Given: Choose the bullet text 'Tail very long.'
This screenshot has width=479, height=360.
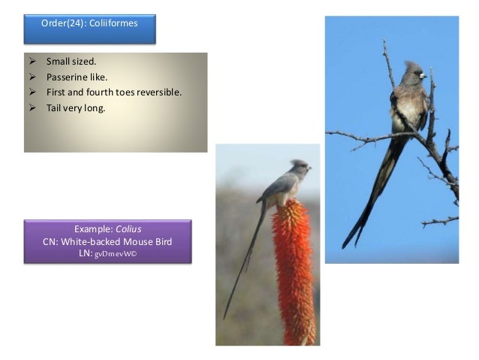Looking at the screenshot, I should click(75, 107).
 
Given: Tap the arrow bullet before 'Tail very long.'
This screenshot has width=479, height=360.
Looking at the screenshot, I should click(32, 107).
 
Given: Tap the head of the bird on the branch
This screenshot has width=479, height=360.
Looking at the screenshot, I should click(412, 74).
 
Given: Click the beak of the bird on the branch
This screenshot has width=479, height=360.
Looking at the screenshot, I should click(424, 77).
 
